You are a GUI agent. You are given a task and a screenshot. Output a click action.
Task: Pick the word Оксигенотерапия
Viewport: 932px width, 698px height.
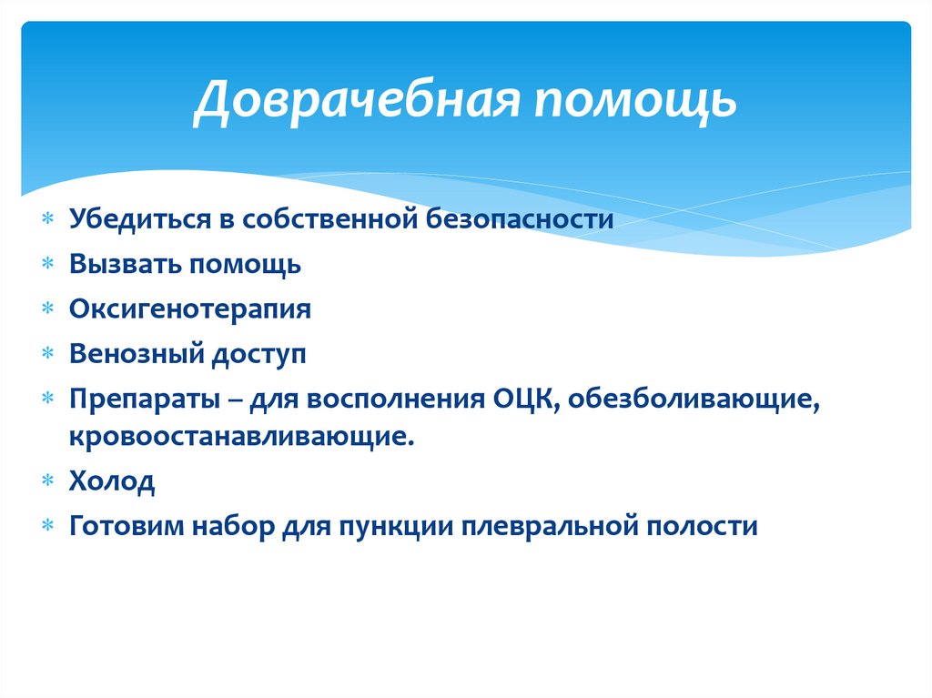(189, 309)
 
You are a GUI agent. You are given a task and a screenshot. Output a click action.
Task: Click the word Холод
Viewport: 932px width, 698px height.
(111, 481)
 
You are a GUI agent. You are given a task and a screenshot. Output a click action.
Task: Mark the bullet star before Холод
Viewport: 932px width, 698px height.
(48, 482)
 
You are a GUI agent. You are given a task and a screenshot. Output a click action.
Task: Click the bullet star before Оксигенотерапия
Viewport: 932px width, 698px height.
(48, 310)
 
